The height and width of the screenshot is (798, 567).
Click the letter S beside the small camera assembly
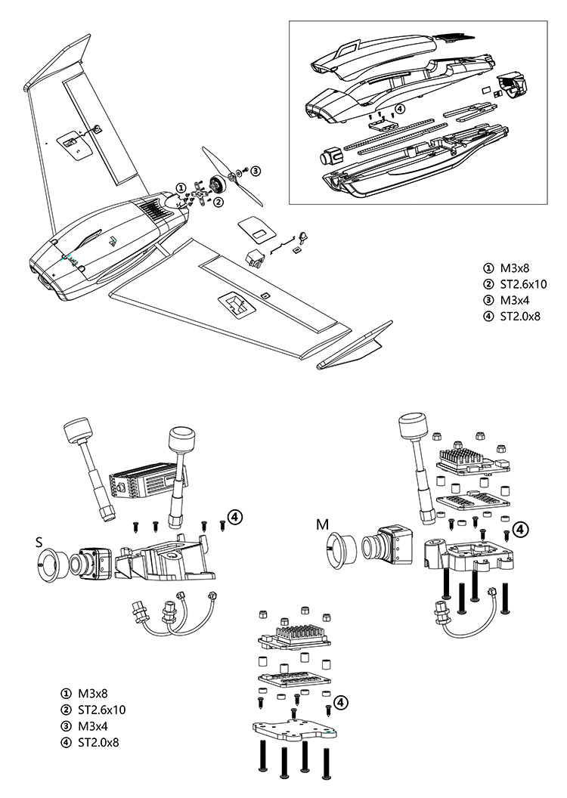(39, 542)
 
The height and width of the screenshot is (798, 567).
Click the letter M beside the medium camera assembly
(323, 524)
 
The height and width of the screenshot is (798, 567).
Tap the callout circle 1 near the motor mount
(180, 187)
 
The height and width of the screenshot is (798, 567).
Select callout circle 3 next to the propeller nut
(256, 171)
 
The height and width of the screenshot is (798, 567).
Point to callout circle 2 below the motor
(218, 202)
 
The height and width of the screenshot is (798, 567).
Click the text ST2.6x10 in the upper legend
(519, 284)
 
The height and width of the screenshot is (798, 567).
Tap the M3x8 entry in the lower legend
(93, 693)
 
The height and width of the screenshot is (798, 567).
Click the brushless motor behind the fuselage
(218, 184)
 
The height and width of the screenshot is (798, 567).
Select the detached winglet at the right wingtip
(355, 345)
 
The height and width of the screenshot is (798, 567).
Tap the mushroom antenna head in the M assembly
(415, 425)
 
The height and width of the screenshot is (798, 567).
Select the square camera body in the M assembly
(394, 543)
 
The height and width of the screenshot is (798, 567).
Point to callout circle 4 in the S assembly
(236, 517)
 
